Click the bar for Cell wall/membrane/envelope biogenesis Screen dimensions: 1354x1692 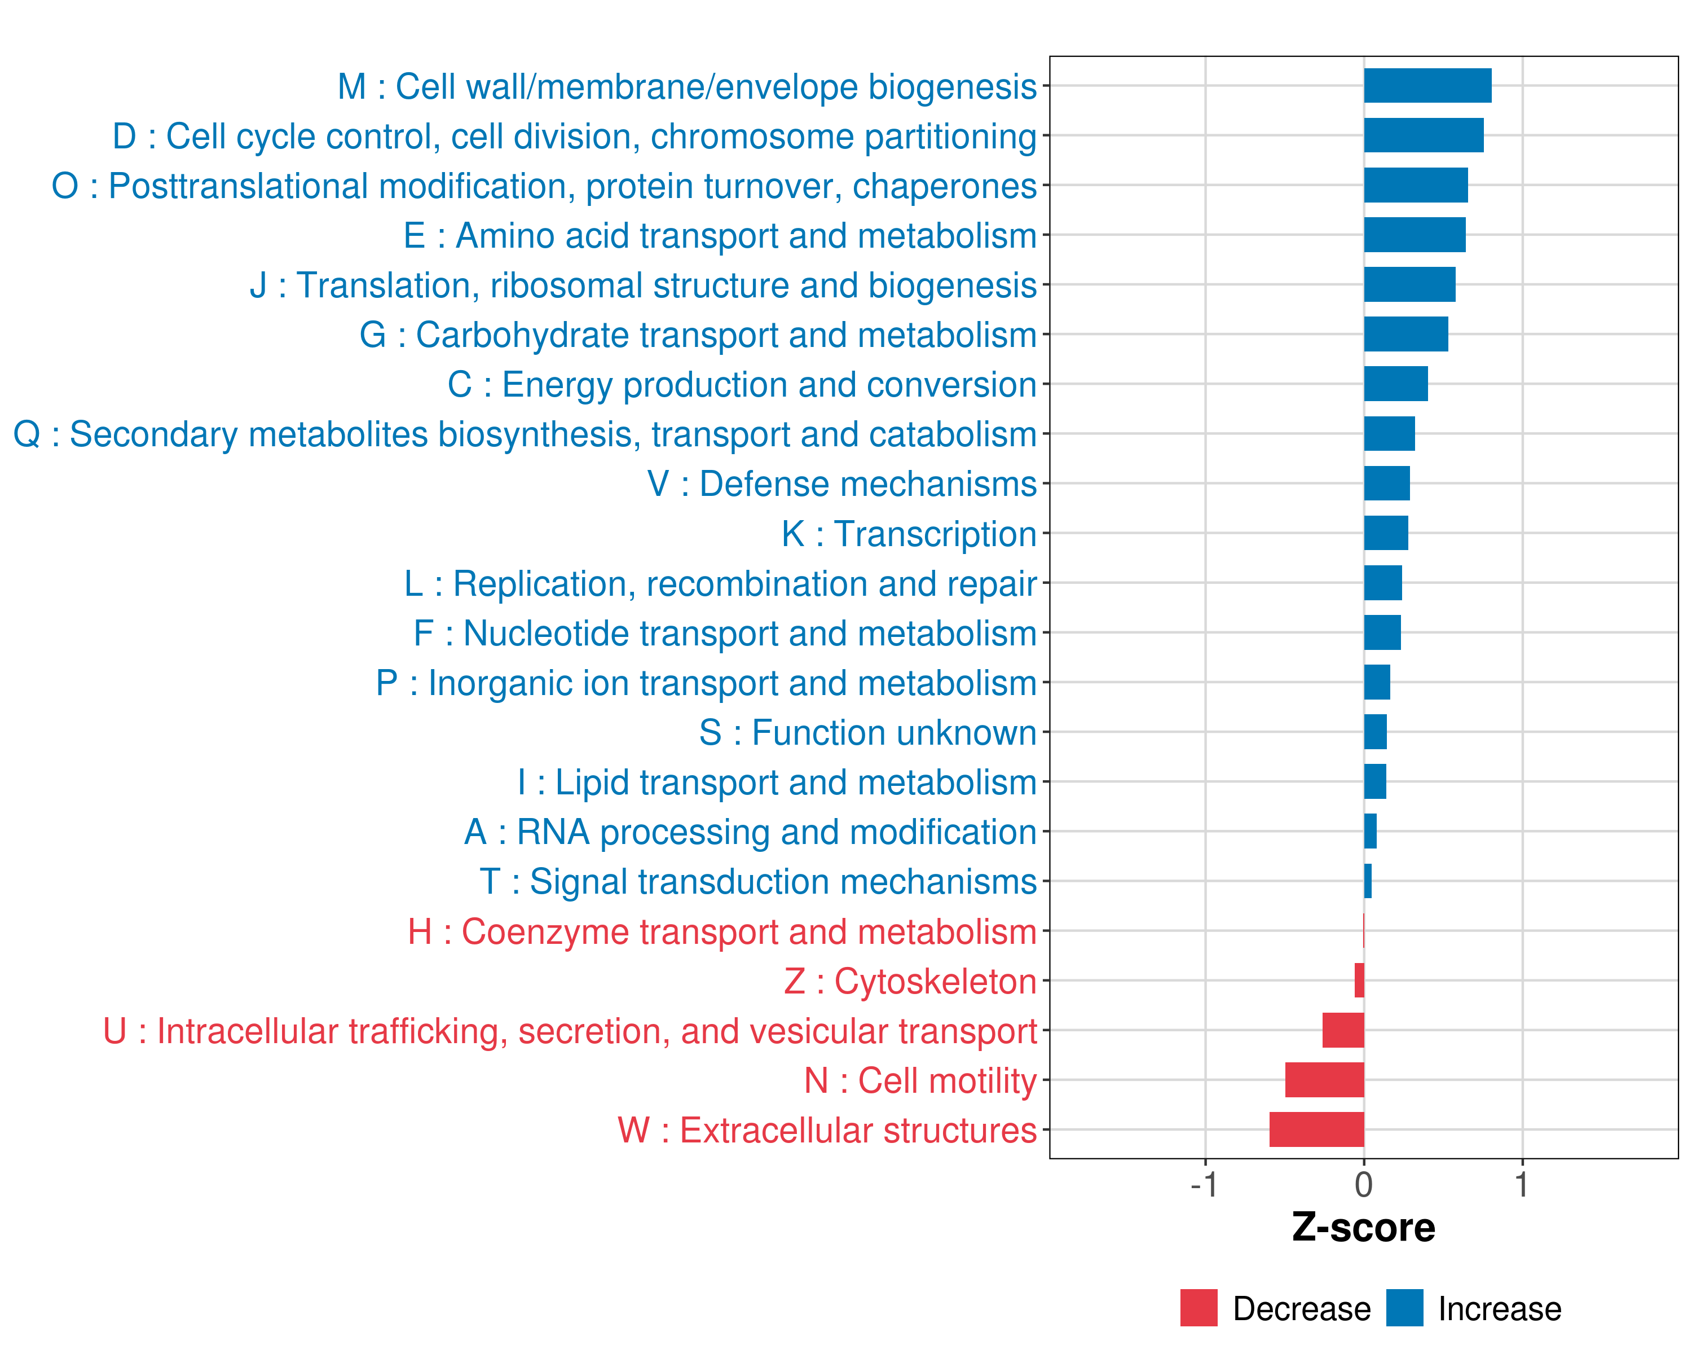1427,86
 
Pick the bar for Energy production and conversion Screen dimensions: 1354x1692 1395,384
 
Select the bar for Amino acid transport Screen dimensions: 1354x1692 1414,235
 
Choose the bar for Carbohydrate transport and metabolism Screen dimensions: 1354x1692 1405,335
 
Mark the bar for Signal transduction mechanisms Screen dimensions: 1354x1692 1367,881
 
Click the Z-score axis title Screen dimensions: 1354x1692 1363,1227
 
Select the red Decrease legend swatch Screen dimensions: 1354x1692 1198,1308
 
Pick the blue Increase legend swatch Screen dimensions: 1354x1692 1404,1308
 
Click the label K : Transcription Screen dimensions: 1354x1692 909,534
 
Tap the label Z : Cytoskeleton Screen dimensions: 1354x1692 910,981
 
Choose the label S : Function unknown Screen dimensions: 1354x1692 867,733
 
